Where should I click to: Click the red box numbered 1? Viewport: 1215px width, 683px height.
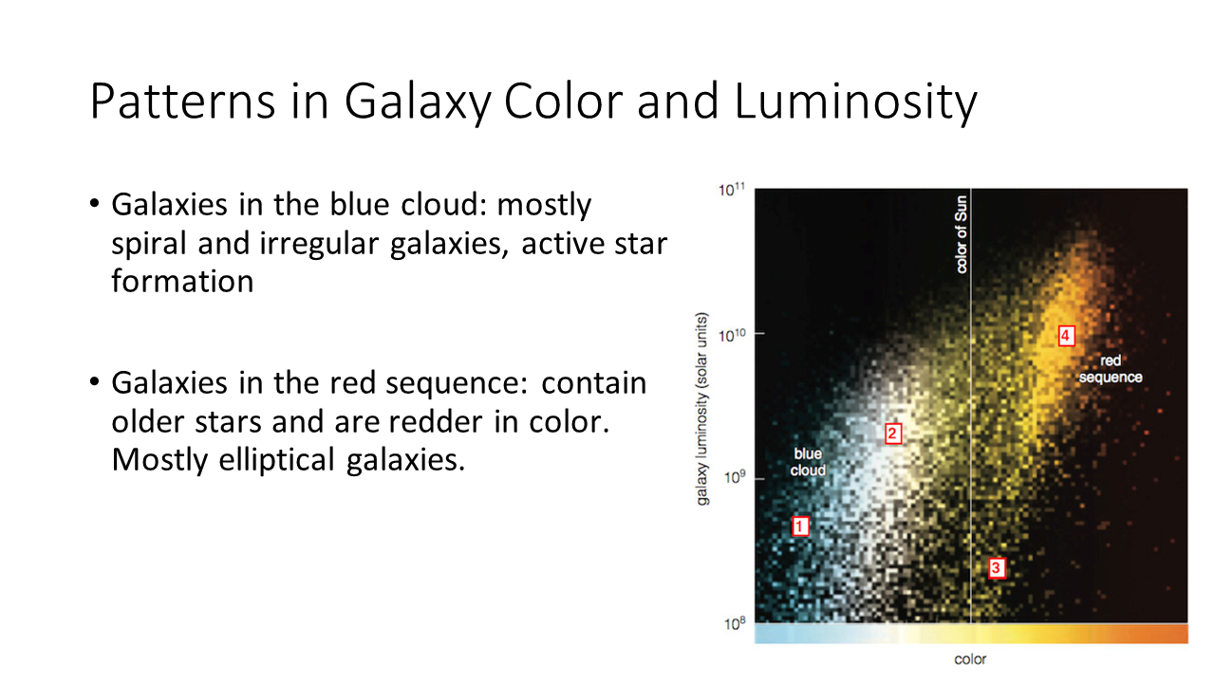(800, 526)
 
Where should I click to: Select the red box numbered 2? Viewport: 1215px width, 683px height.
(893, 434)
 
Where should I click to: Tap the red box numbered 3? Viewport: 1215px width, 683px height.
(997, 568)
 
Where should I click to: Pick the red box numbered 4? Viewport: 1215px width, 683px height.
(1066, 336)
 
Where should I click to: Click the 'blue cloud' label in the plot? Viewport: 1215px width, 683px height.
(808, 462)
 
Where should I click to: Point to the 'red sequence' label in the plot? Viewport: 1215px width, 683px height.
(1111, 369)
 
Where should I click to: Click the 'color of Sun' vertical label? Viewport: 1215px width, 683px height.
(961, 234)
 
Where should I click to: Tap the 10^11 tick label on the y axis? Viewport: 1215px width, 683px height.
(732, 190)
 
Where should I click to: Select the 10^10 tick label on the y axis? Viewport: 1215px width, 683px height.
(732, 336)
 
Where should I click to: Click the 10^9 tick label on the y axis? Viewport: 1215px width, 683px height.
(735, 477)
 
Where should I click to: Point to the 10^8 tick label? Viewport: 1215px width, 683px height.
(735, 624)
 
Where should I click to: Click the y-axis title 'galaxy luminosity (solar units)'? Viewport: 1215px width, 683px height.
(701, 409)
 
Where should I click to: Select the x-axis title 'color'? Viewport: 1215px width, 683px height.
(970, 659)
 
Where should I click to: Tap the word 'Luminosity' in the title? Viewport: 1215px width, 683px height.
(855, 102)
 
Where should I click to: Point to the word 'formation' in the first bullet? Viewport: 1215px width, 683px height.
(182, 281)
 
